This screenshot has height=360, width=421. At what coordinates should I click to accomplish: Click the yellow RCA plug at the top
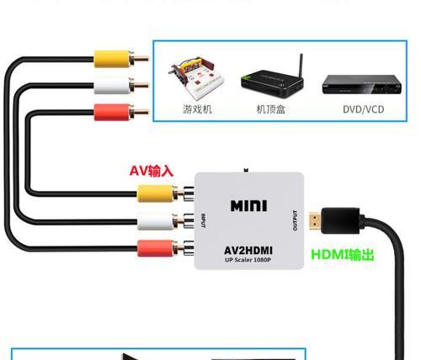pos(120,59)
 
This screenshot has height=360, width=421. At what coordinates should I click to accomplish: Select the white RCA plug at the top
pos(120,86)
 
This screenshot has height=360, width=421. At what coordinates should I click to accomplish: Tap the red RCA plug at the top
pos(120,112)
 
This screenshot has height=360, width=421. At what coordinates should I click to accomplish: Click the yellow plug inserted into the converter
pos(165,193)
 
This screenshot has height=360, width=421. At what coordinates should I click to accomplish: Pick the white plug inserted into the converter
pos(165,221)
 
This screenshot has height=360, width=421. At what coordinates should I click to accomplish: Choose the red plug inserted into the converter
pos(165,248)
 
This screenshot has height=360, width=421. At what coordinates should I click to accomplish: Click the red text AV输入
pos(152,171)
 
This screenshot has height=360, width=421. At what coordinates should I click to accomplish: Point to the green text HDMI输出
pos(343,255)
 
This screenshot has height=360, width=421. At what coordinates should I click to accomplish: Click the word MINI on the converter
pos(248,206)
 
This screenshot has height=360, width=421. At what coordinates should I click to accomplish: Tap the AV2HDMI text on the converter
pos(248,250)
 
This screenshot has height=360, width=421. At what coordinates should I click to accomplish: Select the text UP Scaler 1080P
pos(248,260)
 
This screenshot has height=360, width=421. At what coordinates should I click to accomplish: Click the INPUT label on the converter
pos(204,220)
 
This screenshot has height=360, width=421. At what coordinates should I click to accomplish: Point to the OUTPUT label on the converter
pos(295,220)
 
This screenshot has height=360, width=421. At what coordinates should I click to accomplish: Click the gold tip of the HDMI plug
pos(316,220)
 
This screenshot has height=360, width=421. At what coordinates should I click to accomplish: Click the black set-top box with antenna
pos(272,77)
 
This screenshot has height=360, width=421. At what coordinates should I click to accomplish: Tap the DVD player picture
pos(362,84)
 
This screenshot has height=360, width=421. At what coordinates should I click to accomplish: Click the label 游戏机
pos(197,109)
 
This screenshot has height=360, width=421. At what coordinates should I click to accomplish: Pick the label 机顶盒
pos(271,109)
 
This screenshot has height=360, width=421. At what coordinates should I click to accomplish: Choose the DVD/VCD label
pos(364,109)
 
